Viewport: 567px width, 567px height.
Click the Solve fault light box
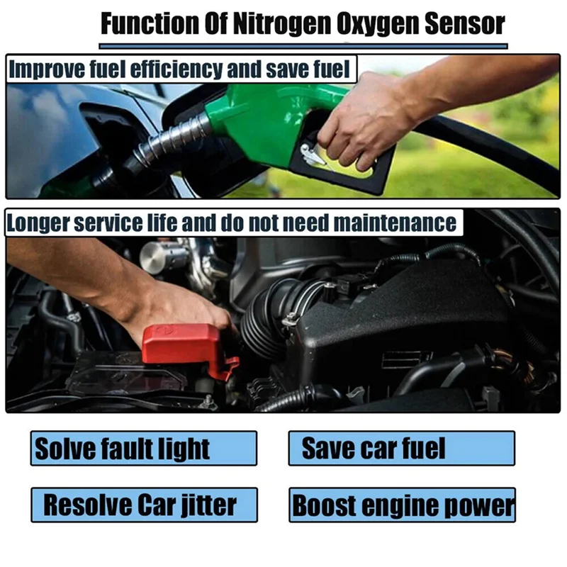(x=143, y=448)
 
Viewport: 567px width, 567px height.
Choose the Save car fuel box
(x=401, y=448)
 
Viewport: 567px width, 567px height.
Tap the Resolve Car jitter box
(x=143, y=505)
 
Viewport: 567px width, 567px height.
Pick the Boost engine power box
(x=401, y=505)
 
